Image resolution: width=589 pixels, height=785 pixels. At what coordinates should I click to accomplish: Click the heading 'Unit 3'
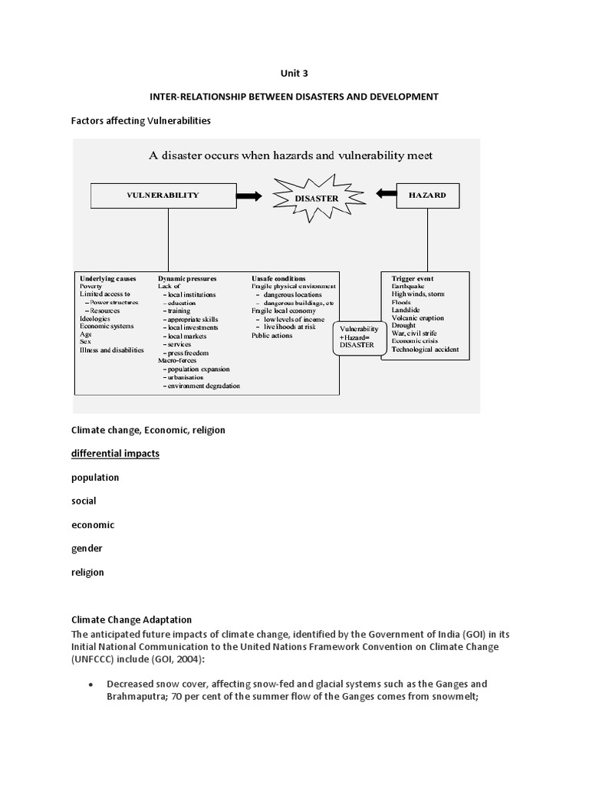click(x=294, y=74)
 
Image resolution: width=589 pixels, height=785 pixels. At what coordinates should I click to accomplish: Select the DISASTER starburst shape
click(x=317, y=198)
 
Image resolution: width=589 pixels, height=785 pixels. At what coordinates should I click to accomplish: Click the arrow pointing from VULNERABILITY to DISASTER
click(x=248, y=196)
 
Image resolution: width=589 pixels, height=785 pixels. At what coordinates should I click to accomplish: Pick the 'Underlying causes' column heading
click(x=107, y=278)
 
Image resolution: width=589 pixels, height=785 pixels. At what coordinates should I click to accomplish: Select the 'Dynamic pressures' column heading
click(x=187, y=278)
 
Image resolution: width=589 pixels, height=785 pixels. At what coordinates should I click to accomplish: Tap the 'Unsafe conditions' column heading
click(x=278, y=278)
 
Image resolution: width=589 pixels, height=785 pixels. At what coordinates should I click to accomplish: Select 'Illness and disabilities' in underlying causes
click(x=111, y=350)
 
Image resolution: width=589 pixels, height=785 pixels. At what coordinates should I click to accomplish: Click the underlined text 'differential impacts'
click(x=115, y=454)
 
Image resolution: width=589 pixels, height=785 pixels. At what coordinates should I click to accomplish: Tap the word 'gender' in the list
click(x=87, y=549)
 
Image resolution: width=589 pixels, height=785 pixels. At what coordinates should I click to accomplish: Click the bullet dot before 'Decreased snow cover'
click(x=91, y=684)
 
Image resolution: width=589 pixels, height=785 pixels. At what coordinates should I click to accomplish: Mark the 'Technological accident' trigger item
click(x=425, y=350)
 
